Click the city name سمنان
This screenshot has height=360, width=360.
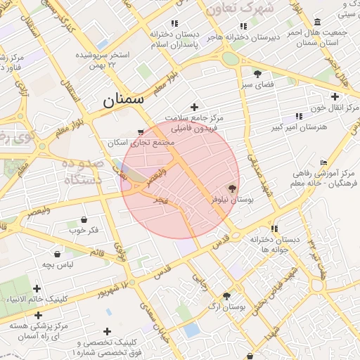(124, 99)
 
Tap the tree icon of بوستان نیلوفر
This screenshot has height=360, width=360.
(233, 188)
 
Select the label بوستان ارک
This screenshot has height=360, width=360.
(227, 307)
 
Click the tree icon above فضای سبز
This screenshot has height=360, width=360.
(257, 73)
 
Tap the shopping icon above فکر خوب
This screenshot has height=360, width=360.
(84, 219)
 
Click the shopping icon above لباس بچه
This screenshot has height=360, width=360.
(57, 254)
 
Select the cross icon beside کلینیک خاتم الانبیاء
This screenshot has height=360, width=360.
(37, 288)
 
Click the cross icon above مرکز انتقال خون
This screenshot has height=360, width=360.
(335, 96)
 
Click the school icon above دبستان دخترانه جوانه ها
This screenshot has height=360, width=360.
(274, 229)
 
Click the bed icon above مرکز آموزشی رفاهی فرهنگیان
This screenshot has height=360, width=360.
(323, 163)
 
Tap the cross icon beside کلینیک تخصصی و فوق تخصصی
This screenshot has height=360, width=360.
(108, 331)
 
